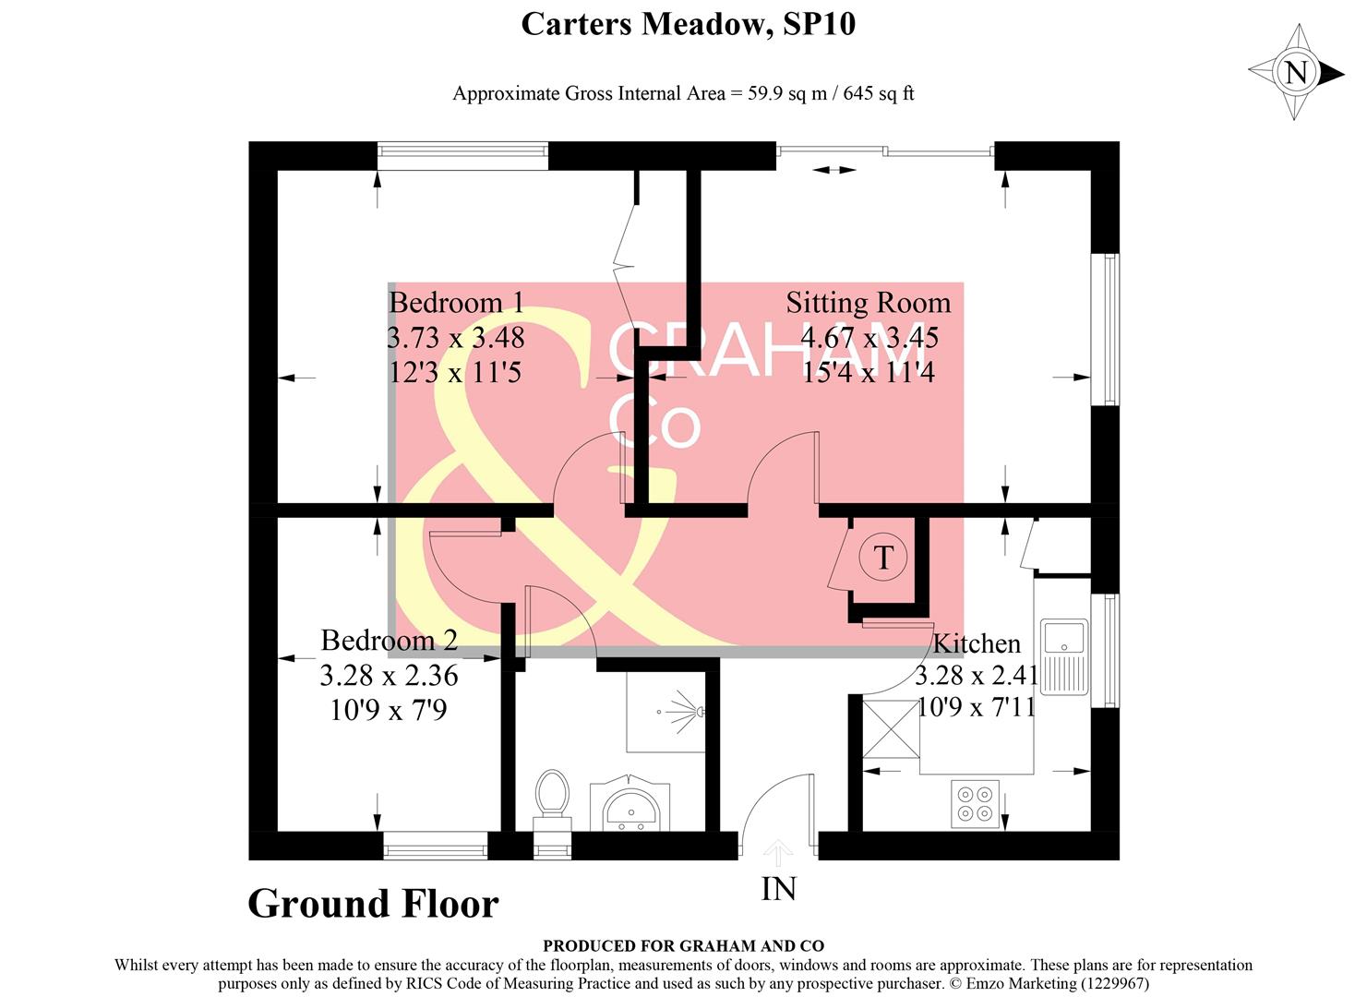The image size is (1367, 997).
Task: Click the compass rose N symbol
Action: (1296, 72)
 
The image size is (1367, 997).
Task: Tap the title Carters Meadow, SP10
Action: (688, 24)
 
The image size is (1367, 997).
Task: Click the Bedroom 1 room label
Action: (456, 303)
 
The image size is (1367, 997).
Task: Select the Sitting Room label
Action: (868, 303)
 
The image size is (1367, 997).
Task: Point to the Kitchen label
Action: (977, 643)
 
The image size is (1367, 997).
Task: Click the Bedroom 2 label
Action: (389, 640)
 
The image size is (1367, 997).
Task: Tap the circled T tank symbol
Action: (883, 558)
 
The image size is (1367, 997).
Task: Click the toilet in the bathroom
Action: (552, 796)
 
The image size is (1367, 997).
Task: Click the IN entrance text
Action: (778, 888)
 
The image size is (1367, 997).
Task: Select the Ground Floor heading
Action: (373, 904)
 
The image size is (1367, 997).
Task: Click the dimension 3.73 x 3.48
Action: (456, 338)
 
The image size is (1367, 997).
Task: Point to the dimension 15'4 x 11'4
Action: (868, 372)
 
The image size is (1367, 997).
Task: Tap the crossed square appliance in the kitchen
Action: (891, 728)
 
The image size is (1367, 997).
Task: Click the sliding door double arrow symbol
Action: (834, 169)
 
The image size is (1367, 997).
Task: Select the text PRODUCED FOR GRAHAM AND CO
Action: (683, 945)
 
